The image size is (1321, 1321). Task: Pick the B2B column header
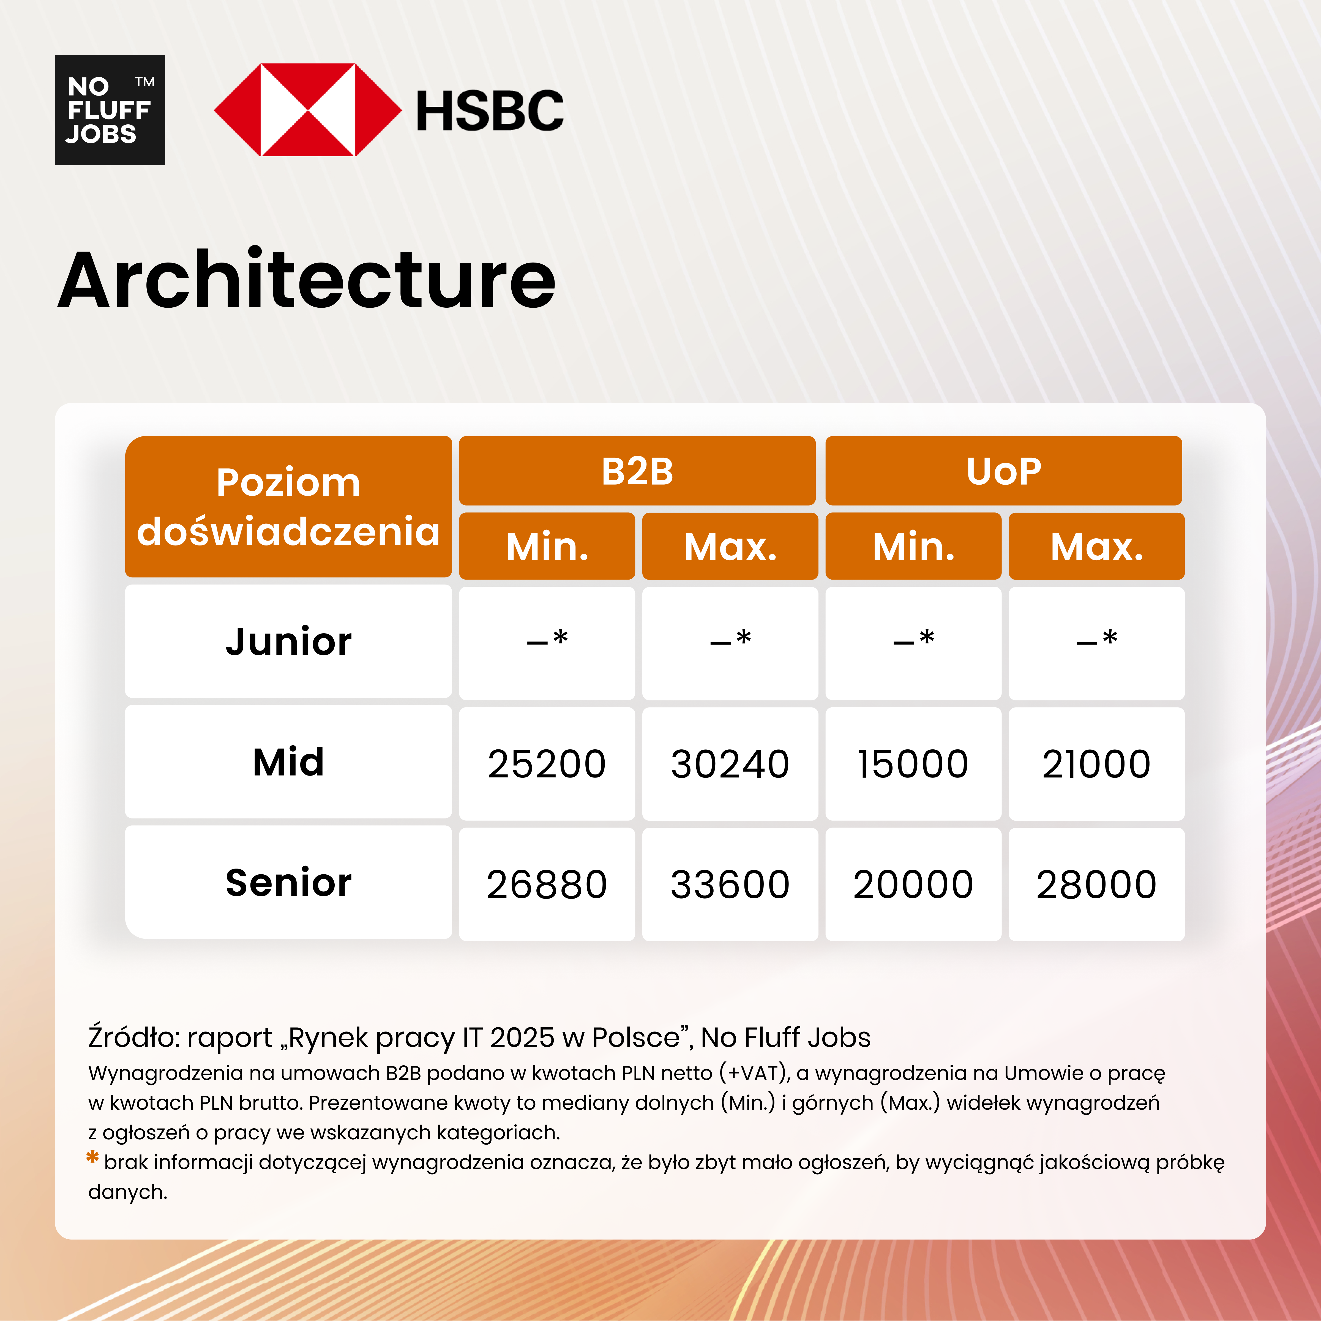637,471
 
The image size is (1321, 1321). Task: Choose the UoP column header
1004,471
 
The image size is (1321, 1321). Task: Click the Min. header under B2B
547,546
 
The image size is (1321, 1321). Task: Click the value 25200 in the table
547,764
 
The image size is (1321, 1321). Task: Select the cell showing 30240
730,764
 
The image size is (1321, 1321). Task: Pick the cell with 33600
730,884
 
